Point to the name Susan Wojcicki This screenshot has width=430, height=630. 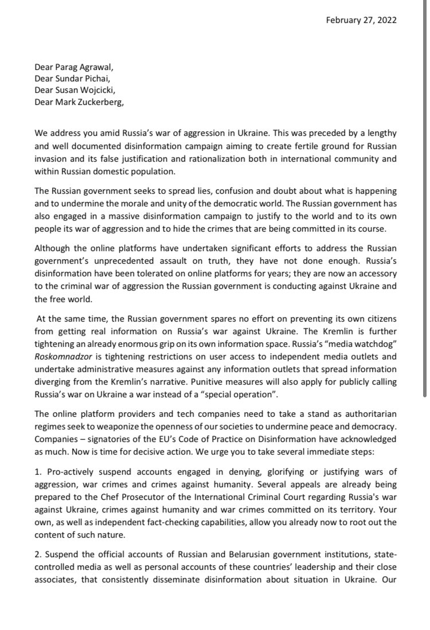tap(86, 92)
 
